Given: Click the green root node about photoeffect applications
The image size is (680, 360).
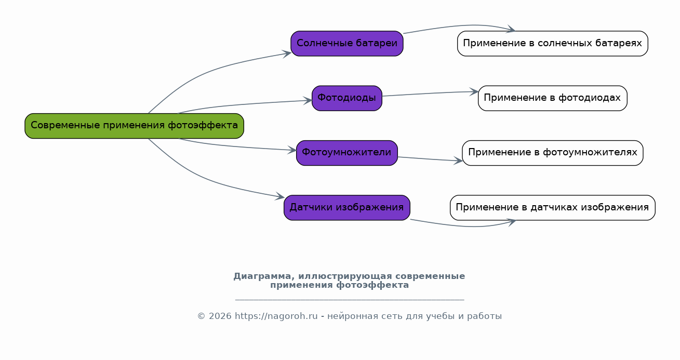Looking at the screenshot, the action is click(x=134, y=126).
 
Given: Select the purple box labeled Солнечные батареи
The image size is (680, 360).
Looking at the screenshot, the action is click(x=347, y=44).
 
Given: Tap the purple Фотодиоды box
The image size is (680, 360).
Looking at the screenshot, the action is click(x=347, y=98).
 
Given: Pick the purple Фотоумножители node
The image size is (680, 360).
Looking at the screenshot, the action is click(x=347, y=153).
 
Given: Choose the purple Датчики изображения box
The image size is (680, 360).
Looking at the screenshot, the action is click(x=347, y=208).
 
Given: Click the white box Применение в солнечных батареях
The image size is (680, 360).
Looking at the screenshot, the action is click(x=553, y=44).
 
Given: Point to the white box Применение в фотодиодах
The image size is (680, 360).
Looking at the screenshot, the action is click(x=553, y=98).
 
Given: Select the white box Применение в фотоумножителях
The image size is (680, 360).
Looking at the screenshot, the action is click(x=553, y=153).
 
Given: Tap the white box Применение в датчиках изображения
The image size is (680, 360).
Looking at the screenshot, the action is click(x=553, y=208).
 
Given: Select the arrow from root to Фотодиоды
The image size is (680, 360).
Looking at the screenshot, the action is click(x=243, y=105).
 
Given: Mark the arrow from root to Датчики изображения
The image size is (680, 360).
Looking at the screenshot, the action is click(x=206, y=179).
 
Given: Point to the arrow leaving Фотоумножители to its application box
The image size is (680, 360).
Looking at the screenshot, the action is click(x=430, y=159).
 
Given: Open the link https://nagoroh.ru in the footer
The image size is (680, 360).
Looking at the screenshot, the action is click(x=276, y=316).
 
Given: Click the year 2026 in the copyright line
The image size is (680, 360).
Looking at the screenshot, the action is click(x=220, y=316).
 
